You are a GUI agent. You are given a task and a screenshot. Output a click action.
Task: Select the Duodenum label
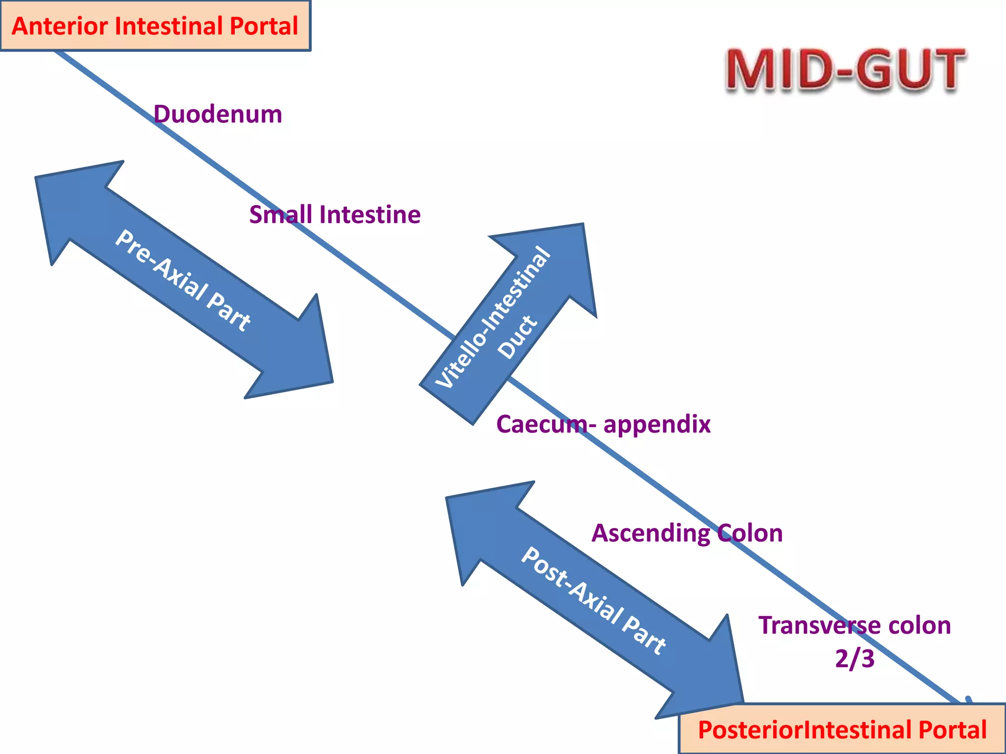[x=218, y=114]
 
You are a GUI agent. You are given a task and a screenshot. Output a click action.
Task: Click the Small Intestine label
[x=335, y=215]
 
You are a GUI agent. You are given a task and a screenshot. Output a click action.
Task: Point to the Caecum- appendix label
[x=603, y=424]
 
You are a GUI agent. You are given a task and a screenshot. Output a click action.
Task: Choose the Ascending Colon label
[x=687, y=533]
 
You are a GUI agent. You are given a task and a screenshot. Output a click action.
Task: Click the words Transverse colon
[x=854, y=625]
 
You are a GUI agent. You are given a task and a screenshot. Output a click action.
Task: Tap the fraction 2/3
[x=854, y=658]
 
